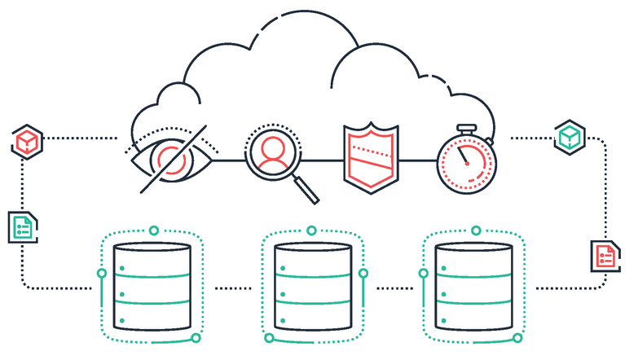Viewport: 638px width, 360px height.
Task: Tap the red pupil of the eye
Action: coord(171,160)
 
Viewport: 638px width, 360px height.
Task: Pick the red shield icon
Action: coord(372,154)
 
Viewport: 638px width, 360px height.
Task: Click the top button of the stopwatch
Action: coord(465,129)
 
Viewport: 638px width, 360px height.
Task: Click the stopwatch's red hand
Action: coord(461,154)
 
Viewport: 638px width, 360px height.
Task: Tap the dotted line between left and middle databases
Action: coord(233,288)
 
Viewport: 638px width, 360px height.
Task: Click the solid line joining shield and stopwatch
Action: coord(417,160)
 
